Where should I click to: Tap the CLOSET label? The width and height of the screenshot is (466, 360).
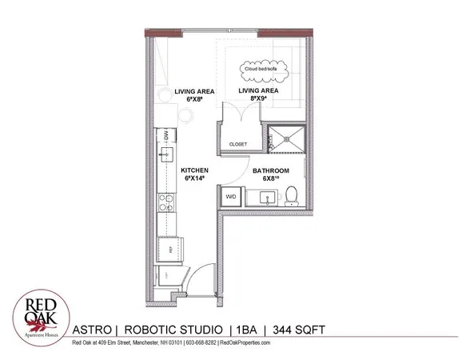click(x=238, y=144)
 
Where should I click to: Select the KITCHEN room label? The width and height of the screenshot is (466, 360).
click(x=194, y=170)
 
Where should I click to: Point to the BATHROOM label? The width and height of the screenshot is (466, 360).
click(x=270, y=171)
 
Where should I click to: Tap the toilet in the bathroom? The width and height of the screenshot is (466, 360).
click(x=293, y=195)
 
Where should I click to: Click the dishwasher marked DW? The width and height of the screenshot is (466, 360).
click(x=169, y=137)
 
